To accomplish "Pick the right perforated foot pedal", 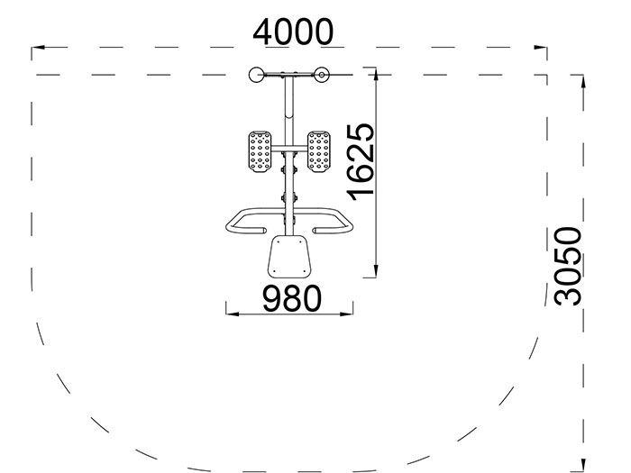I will pos(319,151).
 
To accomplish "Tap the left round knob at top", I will pos(255,74).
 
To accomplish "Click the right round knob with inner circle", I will pos(321,74).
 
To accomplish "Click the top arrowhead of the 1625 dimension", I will pos(376,72).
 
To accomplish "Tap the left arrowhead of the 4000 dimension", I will pos(38,47).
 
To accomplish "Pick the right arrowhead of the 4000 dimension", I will pos(544,47).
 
